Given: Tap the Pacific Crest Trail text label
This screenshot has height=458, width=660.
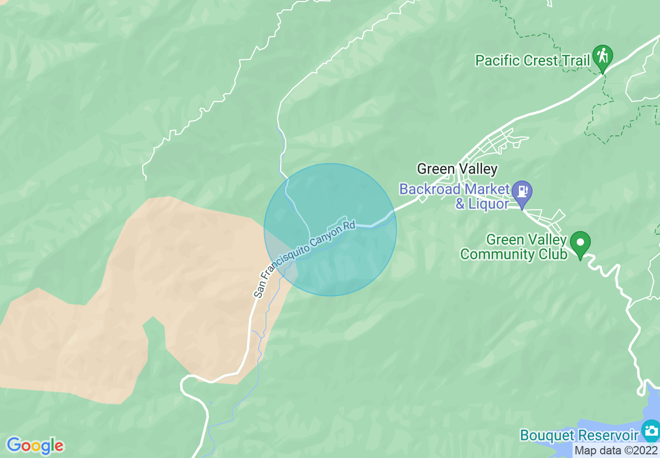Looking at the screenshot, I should click(x=532, y=60).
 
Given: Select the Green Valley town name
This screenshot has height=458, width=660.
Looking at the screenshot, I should click(x=457, y=169).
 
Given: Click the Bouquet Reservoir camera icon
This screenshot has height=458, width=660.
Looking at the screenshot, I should click(x=651, y=430).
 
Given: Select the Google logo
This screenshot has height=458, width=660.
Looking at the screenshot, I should click(x=35, y=446).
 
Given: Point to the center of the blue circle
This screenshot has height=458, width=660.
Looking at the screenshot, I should click(x=330, y=230).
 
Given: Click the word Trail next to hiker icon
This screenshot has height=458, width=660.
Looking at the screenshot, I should click(x=575, y=60).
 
